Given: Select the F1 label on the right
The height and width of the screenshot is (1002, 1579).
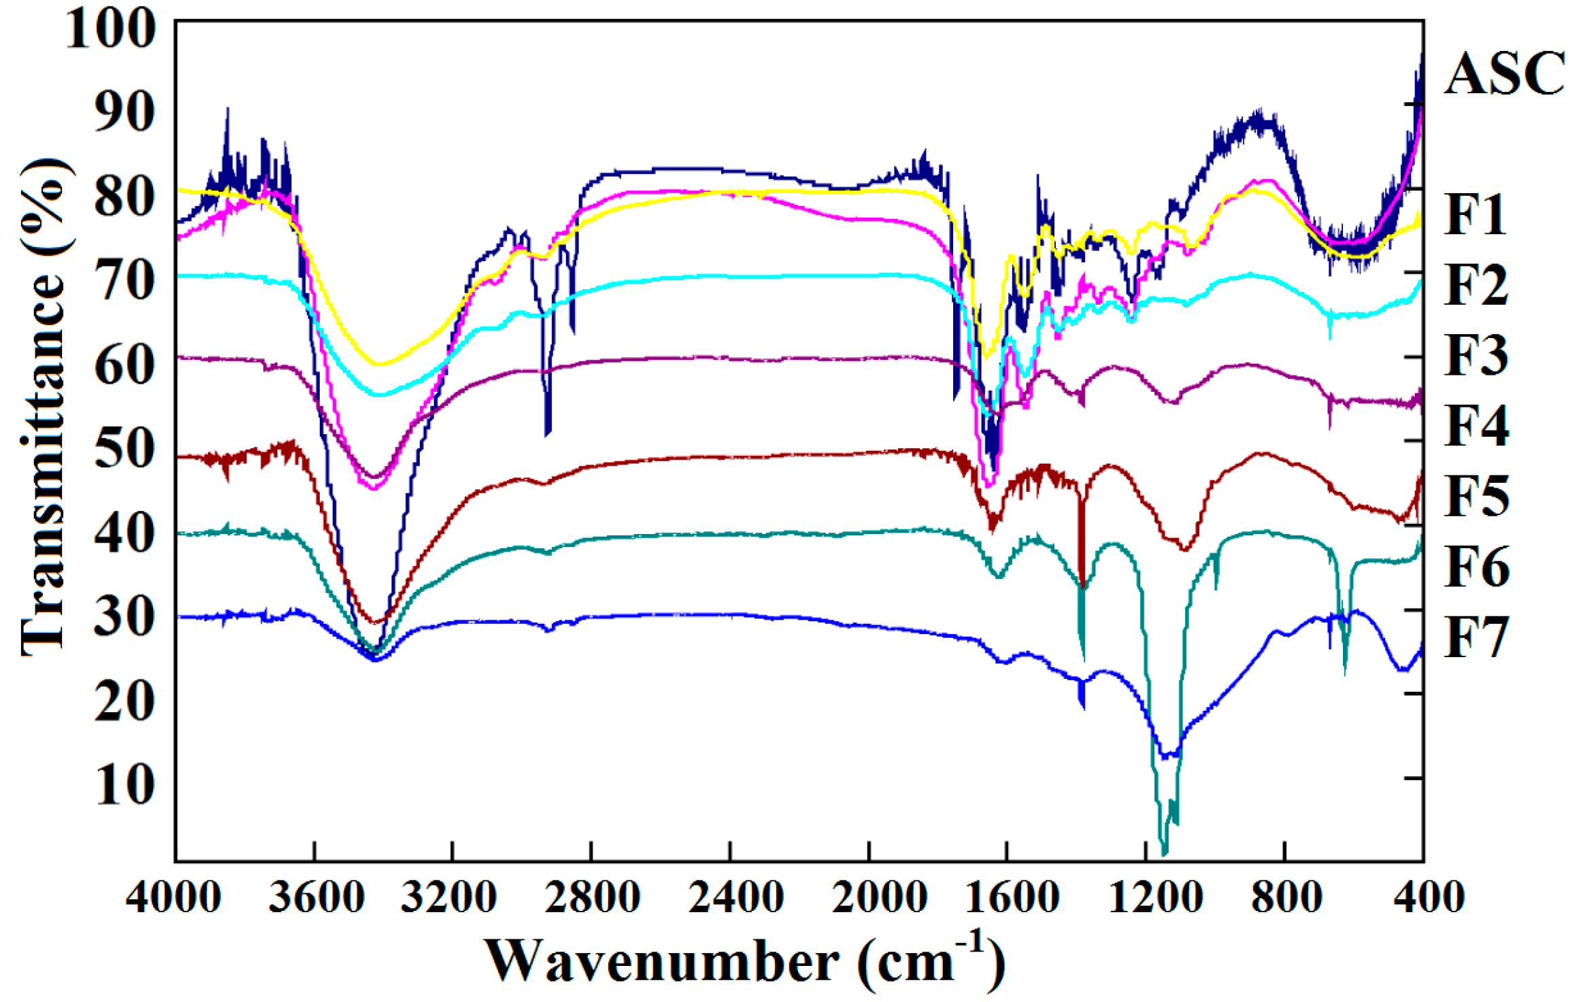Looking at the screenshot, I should click(x=1476, y=214).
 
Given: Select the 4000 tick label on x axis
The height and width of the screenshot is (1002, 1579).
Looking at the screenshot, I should click(x=173, y=897).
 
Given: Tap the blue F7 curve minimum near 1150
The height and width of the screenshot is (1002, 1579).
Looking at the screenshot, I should click(x=1167, y=756).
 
